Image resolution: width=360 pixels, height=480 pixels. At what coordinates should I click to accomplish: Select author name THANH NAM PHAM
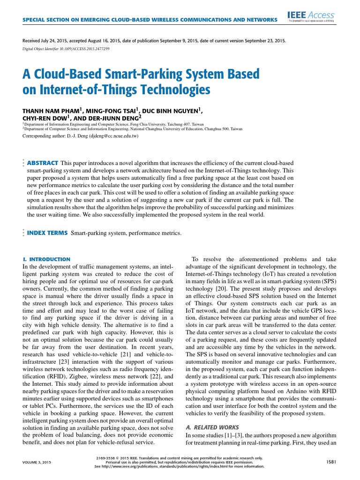point(51,110)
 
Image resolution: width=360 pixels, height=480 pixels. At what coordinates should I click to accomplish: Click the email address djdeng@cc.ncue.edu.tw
point(108,136)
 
